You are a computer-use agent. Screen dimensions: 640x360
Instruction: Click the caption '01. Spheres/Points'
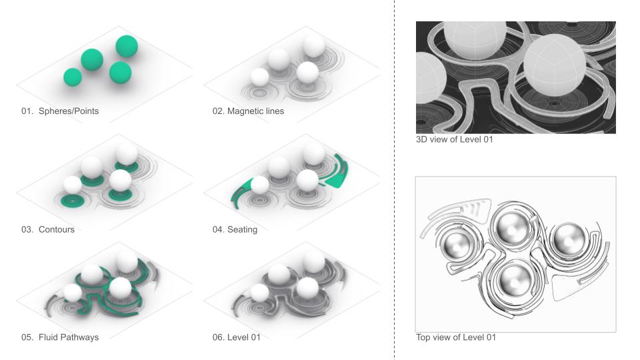click(x=60, y=111)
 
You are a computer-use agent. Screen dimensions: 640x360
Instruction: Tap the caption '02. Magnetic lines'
click(x=248, y=111)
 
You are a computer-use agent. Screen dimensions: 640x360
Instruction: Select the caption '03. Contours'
click(x=48, y=229)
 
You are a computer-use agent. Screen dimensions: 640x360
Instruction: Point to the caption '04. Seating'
click(x=235, y=229)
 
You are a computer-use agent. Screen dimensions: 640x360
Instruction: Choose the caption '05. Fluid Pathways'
click(x=60, y=337)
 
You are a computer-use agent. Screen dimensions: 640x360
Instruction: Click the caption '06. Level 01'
click(x=236, y=337)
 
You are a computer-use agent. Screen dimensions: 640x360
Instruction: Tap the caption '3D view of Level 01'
click(x=454, y=139)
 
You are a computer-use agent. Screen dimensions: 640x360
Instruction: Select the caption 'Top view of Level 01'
click(x=456, y=337)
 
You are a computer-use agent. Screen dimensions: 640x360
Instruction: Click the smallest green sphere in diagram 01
click(x=73, y=77)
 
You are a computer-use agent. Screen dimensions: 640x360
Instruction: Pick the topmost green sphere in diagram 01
click(x=127, y=46)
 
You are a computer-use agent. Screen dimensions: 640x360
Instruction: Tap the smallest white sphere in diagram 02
click(x=259, y=77)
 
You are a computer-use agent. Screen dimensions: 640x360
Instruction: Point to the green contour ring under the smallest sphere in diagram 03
click(x=72, y=201)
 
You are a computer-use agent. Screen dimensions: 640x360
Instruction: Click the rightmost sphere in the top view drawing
click(x=569, y=240)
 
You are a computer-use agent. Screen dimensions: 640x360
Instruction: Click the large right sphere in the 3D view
click(x=554, y=65)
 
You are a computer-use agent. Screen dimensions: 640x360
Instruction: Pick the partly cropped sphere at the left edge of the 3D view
click(x=426, y=78)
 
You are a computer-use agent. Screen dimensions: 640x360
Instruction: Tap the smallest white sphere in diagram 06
click(x=259, y=293)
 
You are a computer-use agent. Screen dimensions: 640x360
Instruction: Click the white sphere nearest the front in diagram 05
click(x=120, y=288)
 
